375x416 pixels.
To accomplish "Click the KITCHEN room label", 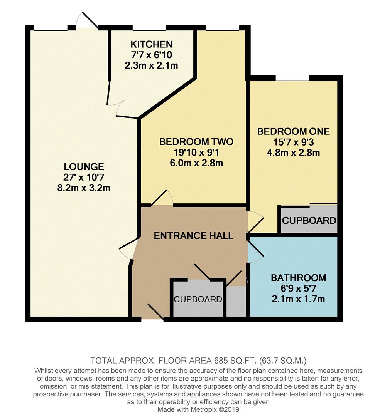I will tap(151, 44).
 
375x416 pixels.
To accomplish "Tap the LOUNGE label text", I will tap(84, 167).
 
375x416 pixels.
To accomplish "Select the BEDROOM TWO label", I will tap(196, 142).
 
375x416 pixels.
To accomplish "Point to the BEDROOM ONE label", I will tap(294, 131).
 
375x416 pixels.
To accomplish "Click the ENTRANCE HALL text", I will tap(194, 236).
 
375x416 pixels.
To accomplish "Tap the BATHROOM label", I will tap(298, 278).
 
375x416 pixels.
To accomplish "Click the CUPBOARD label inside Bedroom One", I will tap(309, 221).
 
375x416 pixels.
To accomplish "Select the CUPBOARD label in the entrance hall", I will tap(198, 299).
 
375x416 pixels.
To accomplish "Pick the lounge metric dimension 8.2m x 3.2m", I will tap(84, 188).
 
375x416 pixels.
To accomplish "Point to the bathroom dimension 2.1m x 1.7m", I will tap(298, 299).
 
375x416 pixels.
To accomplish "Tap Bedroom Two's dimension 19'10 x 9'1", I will tap(196, 153).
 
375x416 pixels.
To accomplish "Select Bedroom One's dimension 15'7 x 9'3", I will tap(294, 142).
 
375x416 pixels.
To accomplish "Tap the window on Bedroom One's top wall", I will tap(292, 78).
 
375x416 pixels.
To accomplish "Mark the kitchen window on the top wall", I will tap(149, 28).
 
